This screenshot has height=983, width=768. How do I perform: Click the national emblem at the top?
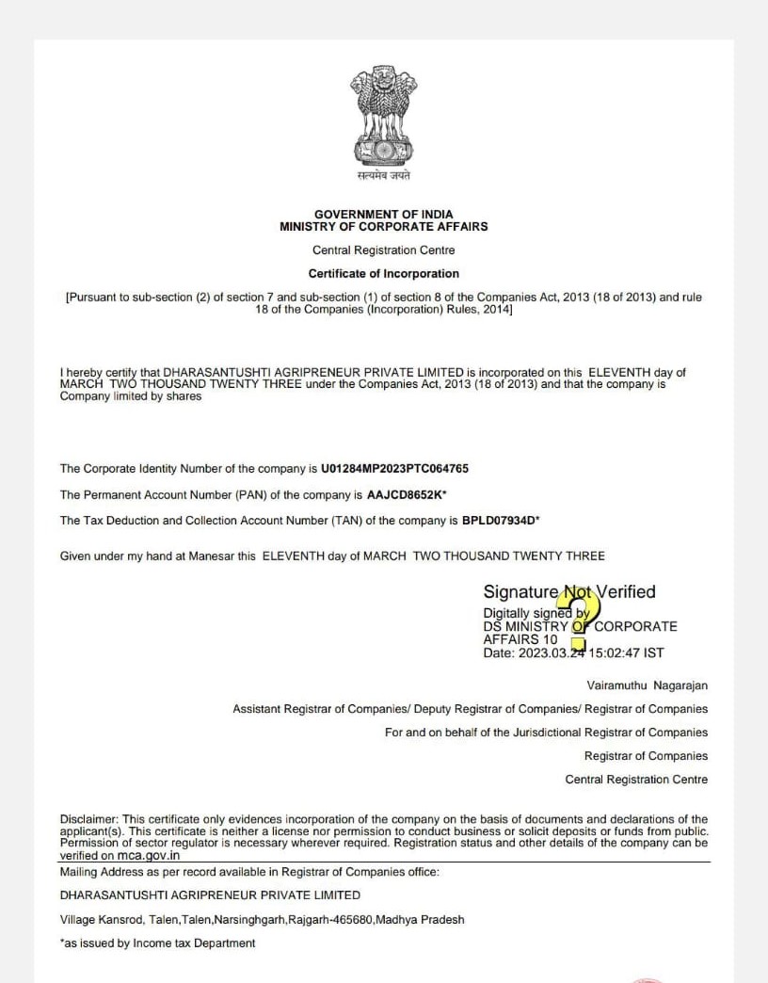383,115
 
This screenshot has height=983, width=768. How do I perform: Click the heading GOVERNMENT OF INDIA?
383,215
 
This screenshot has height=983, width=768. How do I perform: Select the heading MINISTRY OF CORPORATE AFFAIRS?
383,227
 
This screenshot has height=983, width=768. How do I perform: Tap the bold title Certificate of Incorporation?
383,274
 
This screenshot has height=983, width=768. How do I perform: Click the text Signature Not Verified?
568,592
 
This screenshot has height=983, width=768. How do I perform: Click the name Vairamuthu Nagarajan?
647,685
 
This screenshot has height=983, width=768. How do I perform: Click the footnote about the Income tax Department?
157,943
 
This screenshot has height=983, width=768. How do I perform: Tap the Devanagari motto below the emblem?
383,176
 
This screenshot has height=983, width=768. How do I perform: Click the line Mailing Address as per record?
249,872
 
